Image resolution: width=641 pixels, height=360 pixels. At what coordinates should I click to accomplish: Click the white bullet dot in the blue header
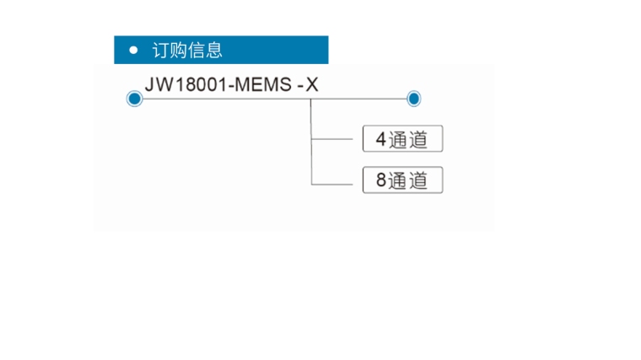click(x=133, y=51)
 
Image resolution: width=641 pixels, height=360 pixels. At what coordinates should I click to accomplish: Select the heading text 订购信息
click(x=187, y=51)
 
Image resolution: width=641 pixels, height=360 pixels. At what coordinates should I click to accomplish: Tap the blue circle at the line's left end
click(x=133, y=99)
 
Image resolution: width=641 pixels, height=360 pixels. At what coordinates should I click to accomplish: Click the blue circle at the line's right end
click(x=413, y=99)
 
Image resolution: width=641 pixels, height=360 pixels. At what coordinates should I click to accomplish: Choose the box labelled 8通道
click(x=402, y=180)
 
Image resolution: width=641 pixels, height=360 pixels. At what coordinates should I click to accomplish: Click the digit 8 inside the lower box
click(x=380, y=180)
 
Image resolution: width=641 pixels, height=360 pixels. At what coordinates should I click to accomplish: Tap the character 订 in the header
click(x=160, y=51)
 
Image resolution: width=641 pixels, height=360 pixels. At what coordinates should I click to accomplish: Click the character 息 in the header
click(x=214, y=51)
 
